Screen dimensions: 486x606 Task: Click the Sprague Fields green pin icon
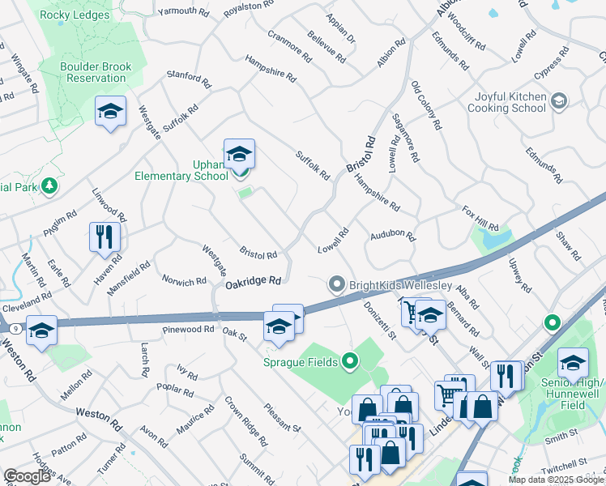pyautogui.click(x=350, y=361)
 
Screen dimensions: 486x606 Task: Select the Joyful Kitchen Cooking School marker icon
pyautogui.click(x=557, y=101)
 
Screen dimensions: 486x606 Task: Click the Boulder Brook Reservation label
pyautogui.click(x=93, y=72)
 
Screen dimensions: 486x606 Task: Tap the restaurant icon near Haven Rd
pyautogui.click(x=105, y=237)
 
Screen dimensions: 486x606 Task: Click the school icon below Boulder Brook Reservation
pyautogui.click(x=111, y=112)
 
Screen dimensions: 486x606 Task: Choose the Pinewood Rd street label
pyautogui.click(x=188, y=330)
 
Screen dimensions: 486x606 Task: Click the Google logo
pyautogui.click(x=27, y=476)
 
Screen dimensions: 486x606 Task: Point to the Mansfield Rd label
pyautogui.click(x=132, y=271)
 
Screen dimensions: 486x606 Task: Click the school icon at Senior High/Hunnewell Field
pyautogui.click(x=573, y=360)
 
